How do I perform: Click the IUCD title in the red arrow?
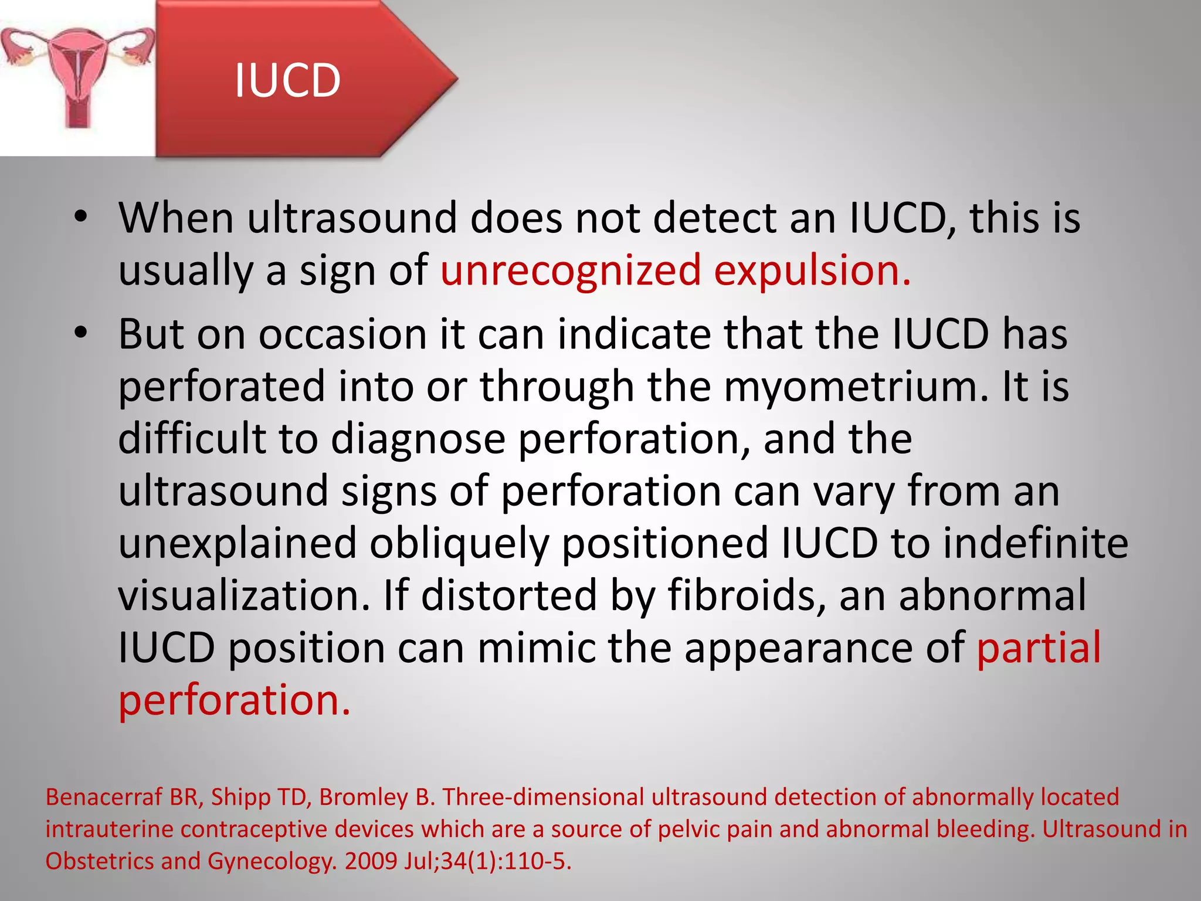coord(287,80)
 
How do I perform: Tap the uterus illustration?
coord(77,76)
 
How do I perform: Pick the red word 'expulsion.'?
coord(813,270)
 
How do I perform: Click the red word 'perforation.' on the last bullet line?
coord(235,700)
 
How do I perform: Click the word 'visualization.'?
coord(245,595)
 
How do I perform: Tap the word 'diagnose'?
coord(418,439)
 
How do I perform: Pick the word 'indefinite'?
coord(1036,543)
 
